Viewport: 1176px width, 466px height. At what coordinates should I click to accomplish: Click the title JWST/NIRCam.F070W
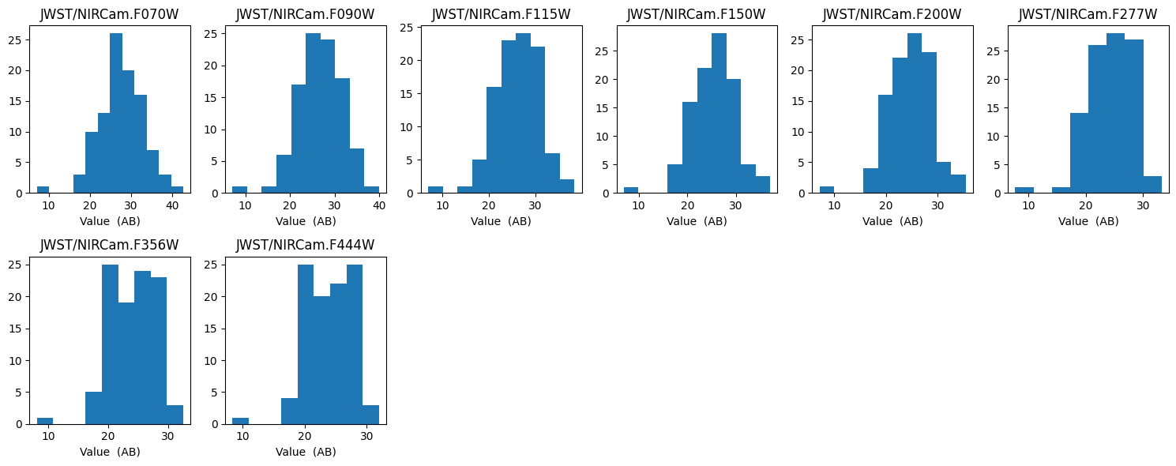click(x=110, y=14)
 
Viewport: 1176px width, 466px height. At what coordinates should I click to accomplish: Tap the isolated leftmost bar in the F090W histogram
click(x=239, y=190)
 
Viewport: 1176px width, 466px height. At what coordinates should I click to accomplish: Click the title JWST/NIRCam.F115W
click(x=501, y=14)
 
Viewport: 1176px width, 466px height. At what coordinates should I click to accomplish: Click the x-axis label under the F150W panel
click(x=697, y=221)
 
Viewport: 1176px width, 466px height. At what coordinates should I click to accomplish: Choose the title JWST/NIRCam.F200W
click(x=892, y=14)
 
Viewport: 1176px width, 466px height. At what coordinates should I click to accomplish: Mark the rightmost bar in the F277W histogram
click(x=1152, y=184)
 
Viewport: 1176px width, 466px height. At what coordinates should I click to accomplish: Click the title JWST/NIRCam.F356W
click(x=110, y=245)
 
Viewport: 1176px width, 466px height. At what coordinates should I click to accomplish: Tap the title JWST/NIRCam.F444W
click(x=305, y=245)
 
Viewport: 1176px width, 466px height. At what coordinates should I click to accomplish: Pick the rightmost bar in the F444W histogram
click(x=370, y=414)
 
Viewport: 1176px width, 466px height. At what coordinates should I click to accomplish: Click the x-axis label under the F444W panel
click(x=306, y=452)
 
